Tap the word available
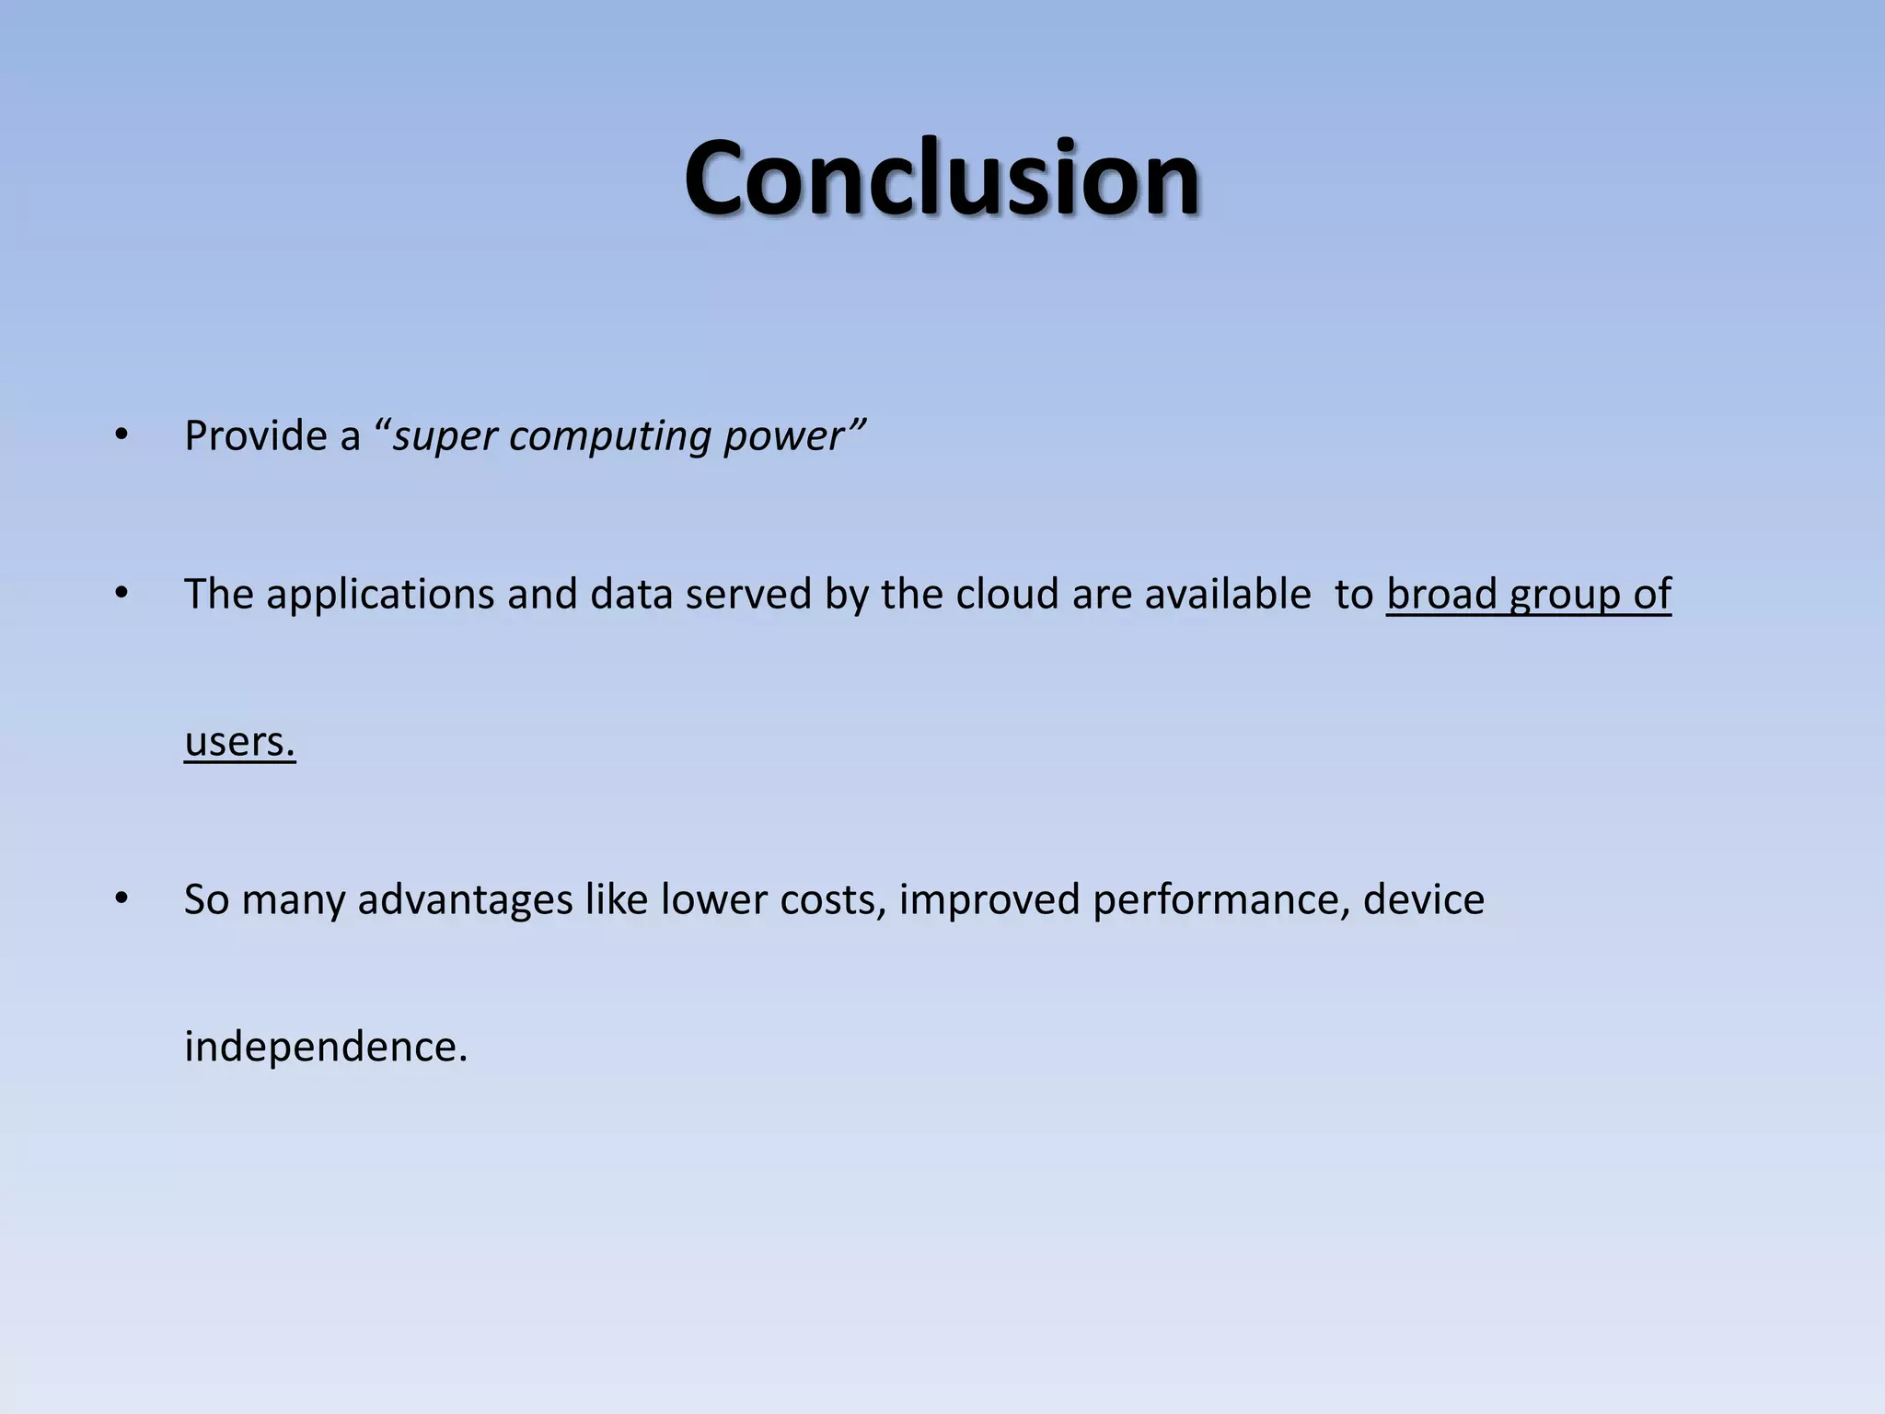point(1227,594)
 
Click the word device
point(1423,899)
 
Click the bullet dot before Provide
point(121,435)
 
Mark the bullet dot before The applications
point(121,594)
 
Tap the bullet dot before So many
point(121,899)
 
